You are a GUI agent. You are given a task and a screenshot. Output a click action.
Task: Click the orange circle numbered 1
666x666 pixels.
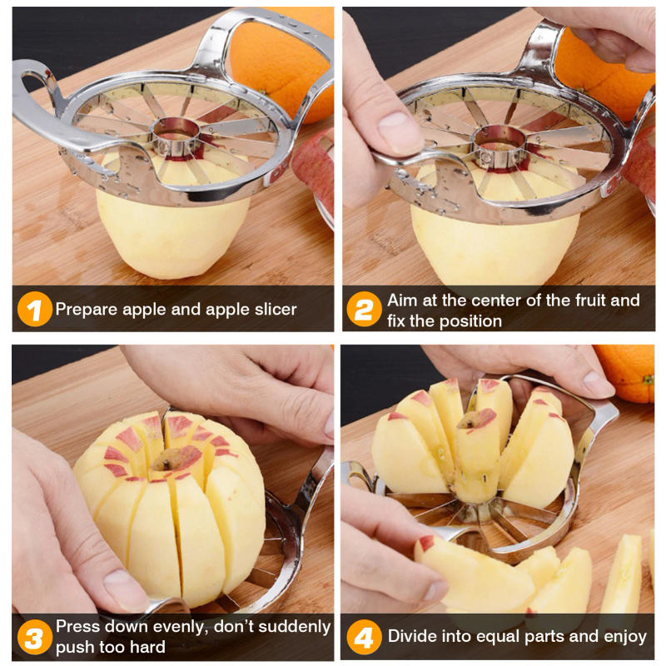tap(33, 310)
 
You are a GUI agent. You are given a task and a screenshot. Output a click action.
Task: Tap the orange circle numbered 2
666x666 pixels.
tap(364, 310)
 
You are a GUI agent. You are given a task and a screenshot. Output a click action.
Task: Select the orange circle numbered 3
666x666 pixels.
tap(33, 638)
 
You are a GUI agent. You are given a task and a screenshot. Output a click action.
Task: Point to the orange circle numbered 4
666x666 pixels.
tap(364, 638)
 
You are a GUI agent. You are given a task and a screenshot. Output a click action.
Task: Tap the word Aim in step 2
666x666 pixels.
tap(402, 301)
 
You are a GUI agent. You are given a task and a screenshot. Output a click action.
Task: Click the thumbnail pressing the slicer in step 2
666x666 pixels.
tap(400, 133)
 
